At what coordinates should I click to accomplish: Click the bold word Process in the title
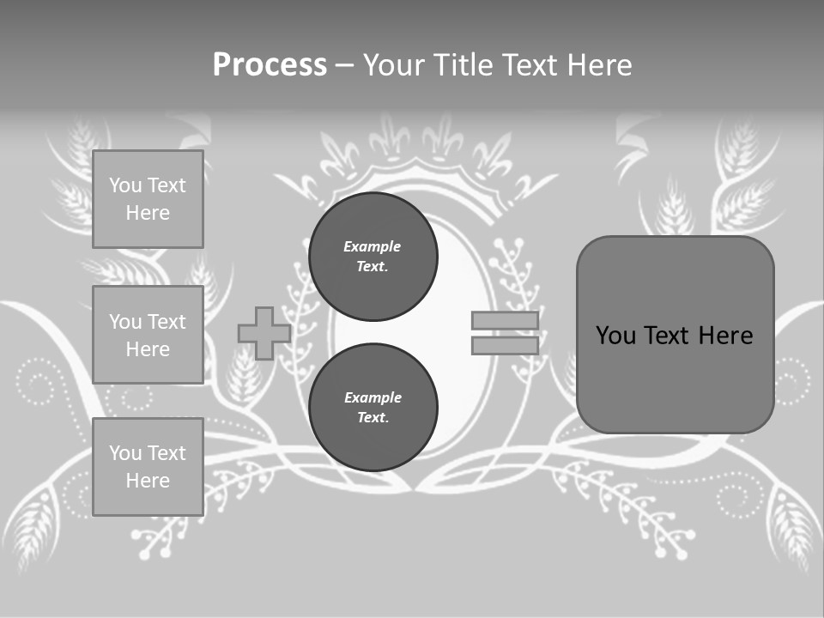pyautogui.click(x=270, y=65)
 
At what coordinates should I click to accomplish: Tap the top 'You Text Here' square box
pyautogui.click(x=148, y=199)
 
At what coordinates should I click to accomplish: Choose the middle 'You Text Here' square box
pyautogui.click(x=148, y=335)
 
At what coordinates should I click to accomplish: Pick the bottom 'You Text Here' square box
pyautogui.click(x=148, y=467)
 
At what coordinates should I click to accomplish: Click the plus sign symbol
pyautogui.click(x=264, y=333)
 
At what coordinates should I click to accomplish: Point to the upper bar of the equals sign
pyautogui.click(x=505, y=320)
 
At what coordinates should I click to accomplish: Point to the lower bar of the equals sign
pyautogui.click(x=505, y=345)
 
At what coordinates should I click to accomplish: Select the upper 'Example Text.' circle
pyautogui.click(x=373, y=256)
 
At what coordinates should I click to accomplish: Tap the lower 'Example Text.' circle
pyautogui.click(x=373, y=407)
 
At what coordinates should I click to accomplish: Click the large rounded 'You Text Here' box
pyautogui.click(x=675, y=335)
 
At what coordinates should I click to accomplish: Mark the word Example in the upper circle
pyautogui.click(x=372, y=246)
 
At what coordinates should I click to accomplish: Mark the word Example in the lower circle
pyautogui.click(x=373, y=397)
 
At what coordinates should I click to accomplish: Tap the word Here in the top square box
pyautogui.click(x=148, y=213)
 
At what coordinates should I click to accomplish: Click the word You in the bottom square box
pyautogui.click(x=124, y=453)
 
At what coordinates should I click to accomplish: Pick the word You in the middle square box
pyautogui.click(x=124, y=322)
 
